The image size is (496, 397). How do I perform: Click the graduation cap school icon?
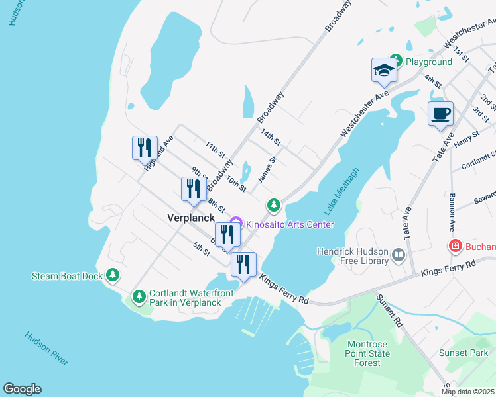(384, 70)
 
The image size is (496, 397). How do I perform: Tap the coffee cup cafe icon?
(440, 113)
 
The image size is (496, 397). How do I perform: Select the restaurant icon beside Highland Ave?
(145, 148)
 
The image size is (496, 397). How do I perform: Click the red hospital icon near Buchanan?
(456, 247)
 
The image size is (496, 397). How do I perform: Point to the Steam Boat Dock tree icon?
(113, 275)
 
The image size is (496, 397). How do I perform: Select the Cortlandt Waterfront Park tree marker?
(139, 295)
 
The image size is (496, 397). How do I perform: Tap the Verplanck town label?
(191, 217)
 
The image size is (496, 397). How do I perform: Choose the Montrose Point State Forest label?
(378, 353)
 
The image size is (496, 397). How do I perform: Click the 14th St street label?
(271, 138)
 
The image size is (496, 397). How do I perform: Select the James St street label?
(266, 169)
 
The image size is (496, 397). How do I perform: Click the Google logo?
(22, 389)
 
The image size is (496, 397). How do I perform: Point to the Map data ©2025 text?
(467, 392)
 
